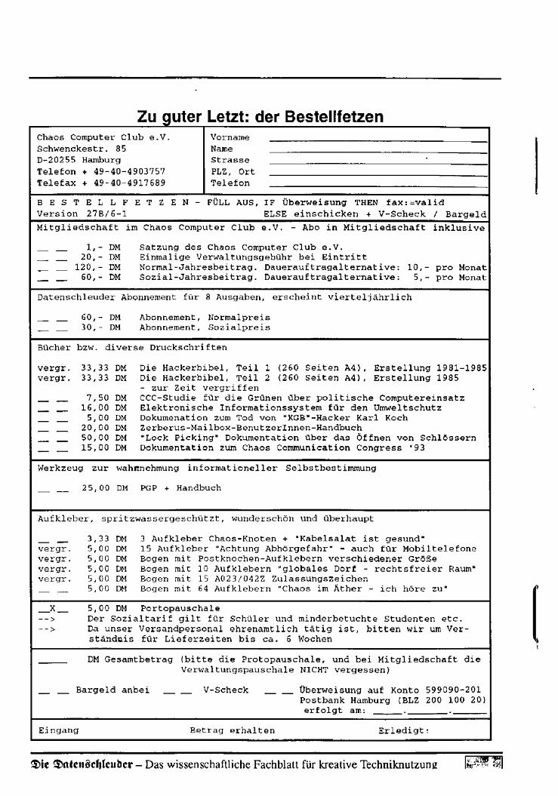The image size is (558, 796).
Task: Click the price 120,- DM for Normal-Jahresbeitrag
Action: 98,267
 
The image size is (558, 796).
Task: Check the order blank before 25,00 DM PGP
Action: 53,490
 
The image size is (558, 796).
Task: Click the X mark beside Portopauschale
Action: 53,607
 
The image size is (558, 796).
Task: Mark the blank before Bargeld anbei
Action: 53,691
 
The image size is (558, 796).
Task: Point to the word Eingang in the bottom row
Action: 58,730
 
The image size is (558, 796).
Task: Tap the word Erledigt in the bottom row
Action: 403,730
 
